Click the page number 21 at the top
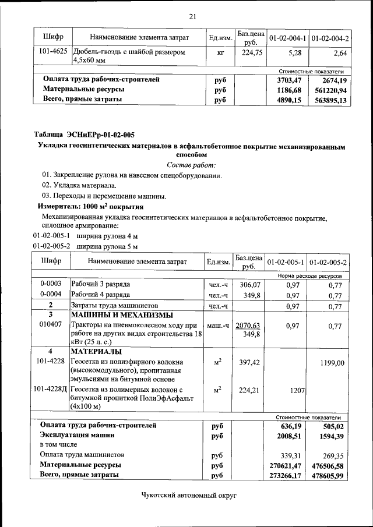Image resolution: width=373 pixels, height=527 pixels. (x=192, y=16)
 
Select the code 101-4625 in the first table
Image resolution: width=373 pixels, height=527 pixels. (x=52, y=52)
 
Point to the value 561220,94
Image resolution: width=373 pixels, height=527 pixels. (x=330, y=90)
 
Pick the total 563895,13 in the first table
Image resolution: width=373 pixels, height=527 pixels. (x=330, y=100)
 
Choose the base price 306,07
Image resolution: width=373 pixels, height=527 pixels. (x=249, y=284)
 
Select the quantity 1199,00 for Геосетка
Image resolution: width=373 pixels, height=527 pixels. (x=332, y=363)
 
